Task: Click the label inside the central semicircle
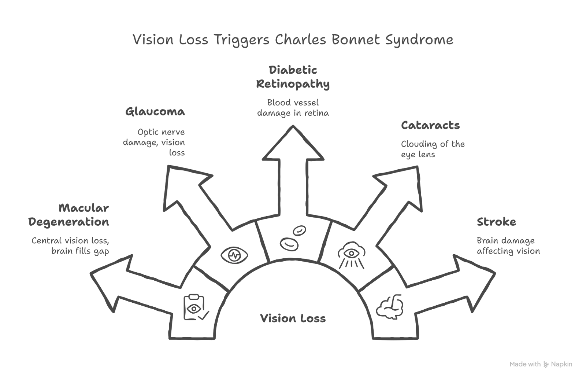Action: point(293,318)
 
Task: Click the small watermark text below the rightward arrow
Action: point(542,365)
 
